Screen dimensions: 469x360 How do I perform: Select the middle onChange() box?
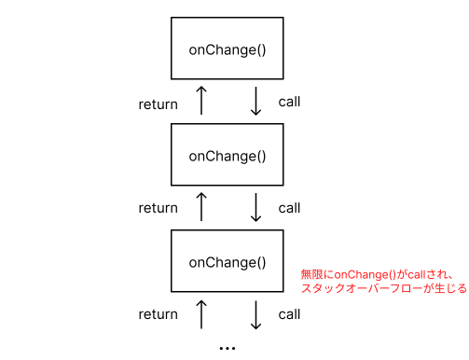coord(228,156)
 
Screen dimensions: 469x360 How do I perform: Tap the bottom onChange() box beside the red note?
coord(228,262)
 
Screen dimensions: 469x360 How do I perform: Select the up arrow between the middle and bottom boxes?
coord(200,208)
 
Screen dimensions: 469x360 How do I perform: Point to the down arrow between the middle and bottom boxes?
coord(255,208)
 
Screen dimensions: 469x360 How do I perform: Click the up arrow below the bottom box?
coord(200,314)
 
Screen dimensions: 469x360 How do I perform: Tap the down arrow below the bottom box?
coord(255,314)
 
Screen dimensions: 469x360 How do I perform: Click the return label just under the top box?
coord(158,104)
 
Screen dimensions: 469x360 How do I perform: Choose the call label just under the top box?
coord(289,102)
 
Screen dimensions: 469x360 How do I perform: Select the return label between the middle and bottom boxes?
coord(158,209)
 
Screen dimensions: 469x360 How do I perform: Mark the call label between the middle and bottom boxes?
coord(289,208)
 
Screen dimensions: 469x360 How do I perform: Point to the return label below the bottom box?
coord(158,315)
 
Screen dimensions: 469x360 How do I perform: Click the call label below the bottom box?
coord(289,314)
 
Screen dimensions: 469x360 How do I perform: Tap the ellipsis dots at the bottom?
coord(228,347)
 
